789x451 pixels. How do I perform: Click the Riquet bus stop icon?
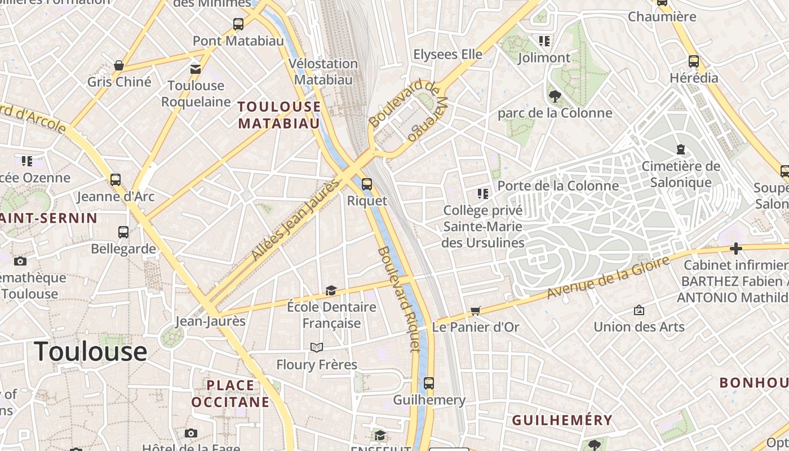tap(367, 184)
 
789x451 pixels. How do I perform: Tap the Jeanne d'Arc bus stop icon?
tap(116, 180)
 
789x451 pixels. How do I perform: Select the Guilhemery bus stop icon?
tap(429, 383)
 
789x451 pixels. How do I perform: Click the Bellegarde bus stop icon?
tap(123, 232)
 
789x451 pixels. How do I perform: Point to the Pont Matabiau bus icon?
tap(238, 24)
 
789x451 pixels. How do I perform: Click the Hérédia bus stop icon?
tap(694, 61)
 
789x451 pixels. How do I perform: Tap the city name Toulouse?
tap(91, 351)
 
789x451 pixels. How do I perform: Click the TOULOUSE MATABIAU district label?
tap(279, 115)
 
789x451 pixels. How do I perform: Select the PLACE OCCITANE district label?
tap(230, 393)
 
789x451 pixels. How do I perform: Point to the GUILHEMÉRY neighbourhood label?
tap(562, 420)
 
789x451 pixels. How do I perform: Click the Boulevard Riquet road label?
tap(399, 299)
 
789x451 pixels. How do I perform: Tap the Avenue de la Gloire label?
tap(609, 277)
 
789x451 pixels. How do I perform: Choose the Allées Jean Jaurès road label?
tap(296, 220)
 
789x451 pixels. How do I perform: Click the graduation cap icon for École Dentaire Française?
tap(331, 291)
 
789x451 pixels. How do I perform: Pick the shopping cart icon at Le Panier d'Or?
tap(476, 311)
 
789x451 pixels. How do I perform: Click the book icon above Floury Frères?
tap(317, 347)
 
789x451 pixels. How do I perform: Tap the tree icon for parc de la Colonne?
tap(555, 96)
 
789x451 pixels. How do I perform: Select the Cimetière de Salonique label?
tap(681, 174)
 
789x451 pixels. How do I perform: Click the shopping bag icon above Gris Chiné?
tap(119, 65)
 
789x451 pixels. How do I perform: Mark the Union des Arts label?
tap(639, 326)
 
